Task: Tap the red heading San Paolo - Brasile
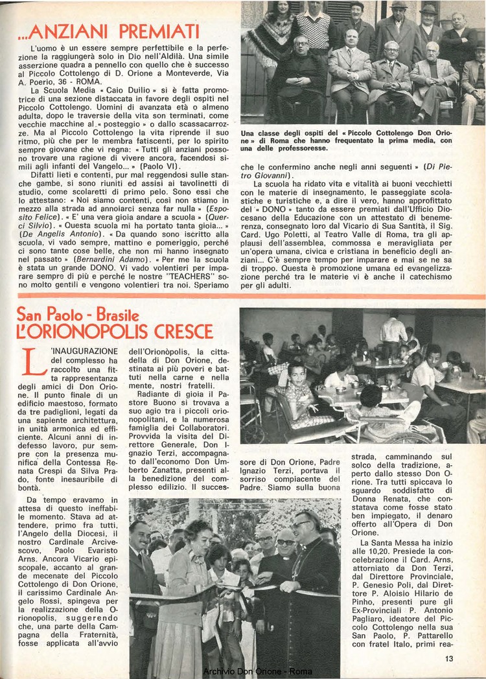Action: pyautogui.click(x=78, y=315)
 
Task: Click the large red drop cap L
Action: pyautogui.click(x=33, y=361)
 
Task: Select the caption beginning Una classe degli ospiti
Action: pyautogui.click(x=347, y=141)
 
